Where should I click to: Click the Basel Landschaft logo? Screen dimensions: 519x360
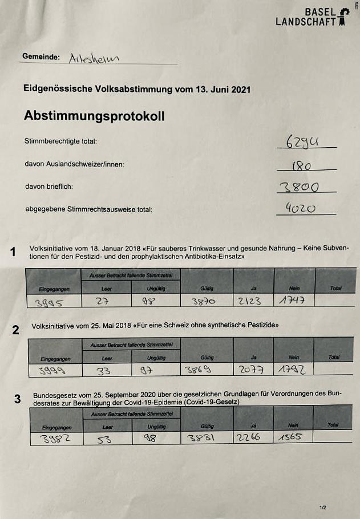[312, 17]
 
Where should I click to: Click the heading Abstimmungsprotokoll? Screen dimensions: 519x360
[94, 116]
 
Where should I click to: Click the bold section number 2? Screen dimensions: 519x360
[16, 330]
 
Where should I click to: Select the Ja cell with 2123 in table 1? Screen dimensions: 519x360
[250, 301]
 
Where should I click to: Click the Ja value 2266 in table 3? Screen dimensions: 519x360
[250, 438]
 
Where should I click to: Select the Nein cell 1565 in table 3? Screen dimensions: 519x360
[291, 438]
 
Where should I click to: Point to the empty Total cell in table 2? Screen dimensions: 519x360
[334, 370]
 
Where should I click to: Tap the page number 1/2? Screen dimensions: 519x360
[323, 506]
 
